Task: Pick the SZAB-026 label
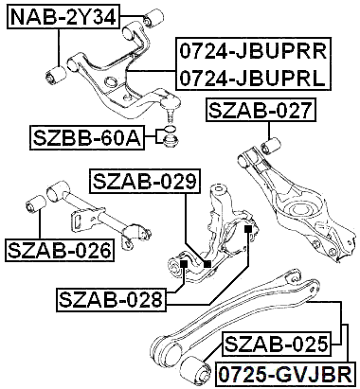59,250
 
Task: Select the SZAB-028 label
111,301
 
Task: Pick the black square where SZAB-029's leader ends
207,262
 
